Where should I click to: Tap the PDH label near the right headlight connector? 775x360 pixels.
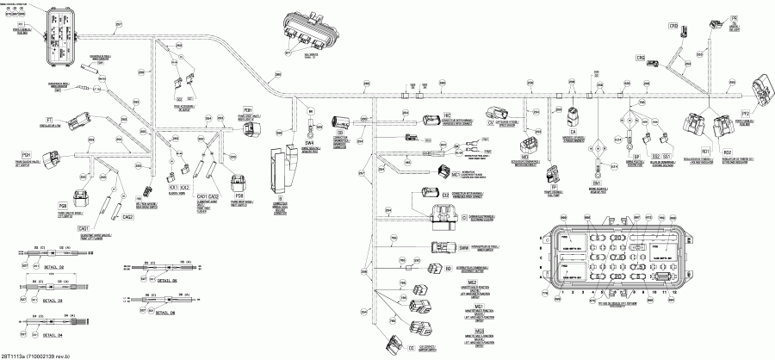248,112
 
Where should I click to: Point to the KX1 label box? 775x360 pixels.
173,187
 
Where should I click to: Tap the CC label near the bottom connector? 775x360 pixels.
411,347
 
